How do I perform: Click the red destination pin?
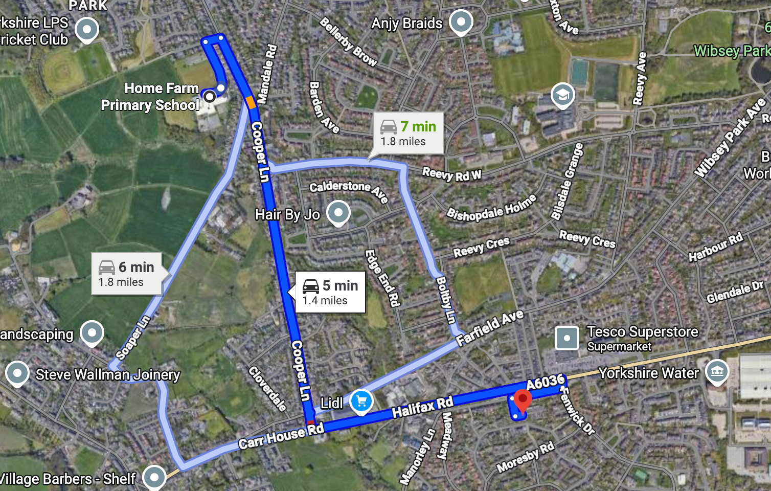coord(522,399)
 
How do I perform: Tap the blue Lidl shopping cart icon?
coord(361,401)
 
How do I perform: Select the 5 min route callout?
coord(330,292)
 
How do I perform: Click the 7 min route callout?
coord(408,133)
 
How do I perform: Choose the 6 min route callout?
coord(127,274)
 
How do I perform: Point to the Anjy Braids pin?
coord(461,22)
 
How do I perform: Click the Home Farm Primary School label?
coord(150,97)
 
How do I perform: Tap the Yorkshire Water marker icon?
coord(717,372)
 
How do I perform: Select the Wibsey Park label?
coord(732,51)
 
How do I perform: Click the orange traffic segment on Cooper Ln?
coord(251,102)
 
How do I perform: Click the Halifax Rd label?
coord(422,407)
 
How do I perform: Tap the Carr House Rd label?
coord(281,436)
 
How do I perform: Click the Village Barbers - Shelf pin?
coord(154,477)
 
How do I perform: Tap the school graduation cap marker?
coord(562,95)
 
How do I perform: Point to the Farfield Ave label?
coord(490,327)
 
